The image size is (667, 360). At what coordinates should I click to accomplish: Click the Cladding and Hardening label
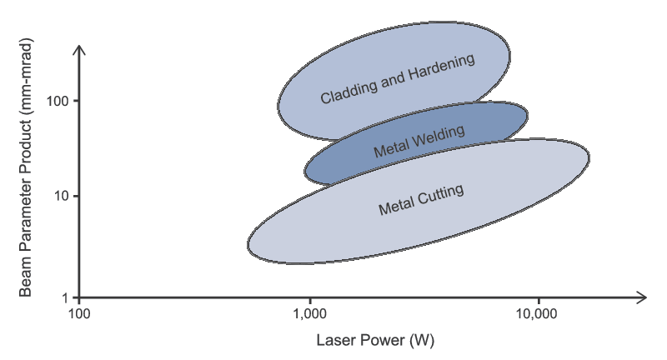397,80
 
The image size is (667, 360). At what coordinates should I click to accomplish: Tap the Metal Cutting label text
421,200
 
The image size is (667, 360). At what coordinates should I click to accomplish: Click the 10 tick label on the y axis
62,196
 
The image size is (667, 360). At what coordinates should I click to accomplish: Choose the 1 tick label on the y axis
66,297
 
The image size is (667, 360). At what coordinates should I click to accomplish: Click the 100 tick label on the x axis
78,315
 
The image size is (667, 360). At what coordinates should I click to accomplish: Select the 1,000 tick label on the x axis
309,315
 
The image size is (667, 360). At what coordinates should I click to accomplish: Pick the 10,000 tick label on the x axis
538,315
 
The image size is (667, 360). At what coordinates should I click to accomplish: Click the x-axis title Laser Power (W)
375,341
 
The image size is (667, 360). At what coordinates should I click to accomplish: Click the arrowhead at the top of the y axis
78,49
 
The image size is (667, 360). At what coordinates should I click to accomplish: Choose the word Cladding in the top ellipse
348,91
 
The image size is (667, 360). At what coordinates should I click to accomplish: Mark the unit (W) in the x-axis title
424,341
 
